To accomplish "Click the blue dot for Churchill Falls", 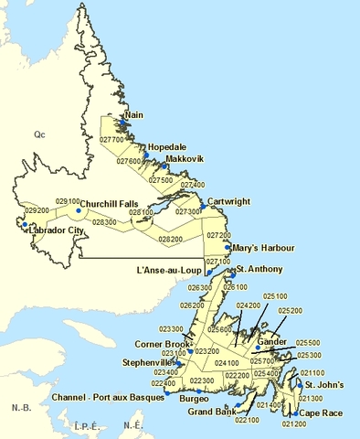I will point(79,210).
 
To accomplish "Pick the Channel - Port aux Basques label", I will point(109,398).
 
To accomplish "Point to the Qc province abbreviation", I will point(40,134).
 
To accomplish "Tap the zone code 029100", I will point(68,200).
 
